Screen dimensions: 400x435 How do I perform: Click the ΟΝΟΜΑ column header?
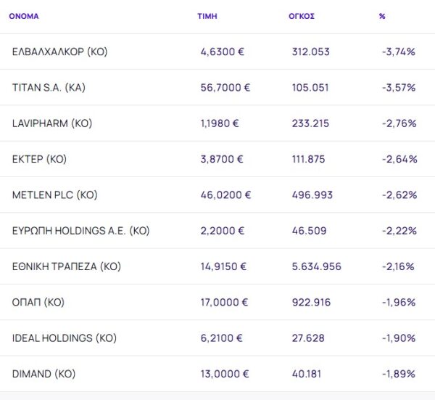[24, 16]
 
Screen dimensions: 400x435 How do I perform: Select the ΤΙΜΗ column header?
[207, 16]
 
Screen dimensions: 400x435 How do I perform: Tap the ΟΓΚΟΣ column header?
[302, 16]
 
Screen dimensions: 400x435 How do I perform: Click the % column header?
[382, 16]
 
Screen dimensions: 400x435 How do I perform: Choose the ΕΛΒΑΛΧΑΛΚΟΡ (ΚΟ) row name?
[60, 52]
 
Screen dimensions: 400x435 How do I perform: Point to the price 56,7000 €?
[225, 87]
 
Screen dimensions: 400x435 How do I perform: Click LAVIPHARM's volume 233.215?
[310, 123]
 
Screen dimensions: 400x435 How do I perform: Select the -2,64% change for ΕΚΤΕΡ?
[399, 159]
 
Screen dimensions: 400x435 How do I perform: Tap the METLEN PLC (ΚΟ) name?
[54, 195]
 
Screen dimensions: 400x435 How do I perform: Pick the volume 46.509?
[307, 231]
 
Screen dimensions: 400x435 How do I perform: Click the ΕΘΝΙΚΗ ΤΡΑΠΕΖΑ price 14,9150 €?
[223, 266]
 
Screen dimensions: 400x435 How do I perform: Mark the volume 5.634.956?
[316, 266]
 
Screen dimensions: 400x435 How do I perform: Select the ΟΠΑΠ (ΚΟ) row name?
[38, 302]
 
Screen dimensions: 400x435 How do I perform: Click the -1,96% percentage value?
[399, 302]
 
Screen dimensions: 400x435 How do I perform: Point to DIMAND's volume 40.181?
[307, 374]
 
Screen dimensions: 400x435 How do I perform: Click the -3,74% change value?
[399, 52]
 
